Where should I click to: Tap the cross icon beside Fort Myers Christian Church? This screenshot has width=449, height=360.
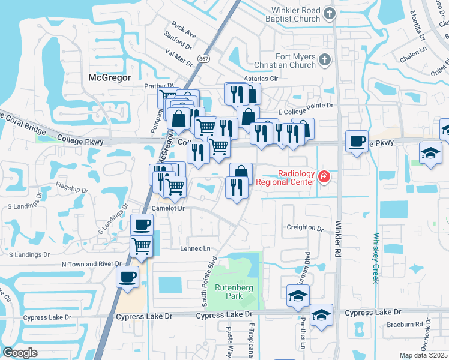click(324, 60)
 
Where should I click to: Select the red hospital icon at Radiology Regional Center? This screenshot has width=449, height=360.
click(324, 176)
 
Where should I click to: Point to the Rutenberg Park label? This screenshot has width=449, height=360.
click(237, 290)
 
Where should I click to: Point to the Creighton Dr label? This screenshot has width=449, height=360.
click(304, 228)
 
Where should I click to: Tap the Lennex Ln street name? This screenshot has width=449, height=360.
click(196, 248)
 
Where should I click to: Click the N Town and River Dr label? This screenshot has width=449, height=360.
click(91, 264)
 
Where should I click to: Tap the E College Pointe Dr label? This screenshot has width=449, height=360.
click(305, 105)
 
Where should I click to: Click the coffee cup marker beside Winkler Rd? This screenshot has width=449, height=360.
click(357, 142)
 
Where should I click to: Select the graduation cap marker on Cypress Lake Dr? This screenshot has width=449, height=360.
click(321, 314)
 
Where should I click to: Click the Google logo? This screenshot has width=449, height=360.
click(20, 353)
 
